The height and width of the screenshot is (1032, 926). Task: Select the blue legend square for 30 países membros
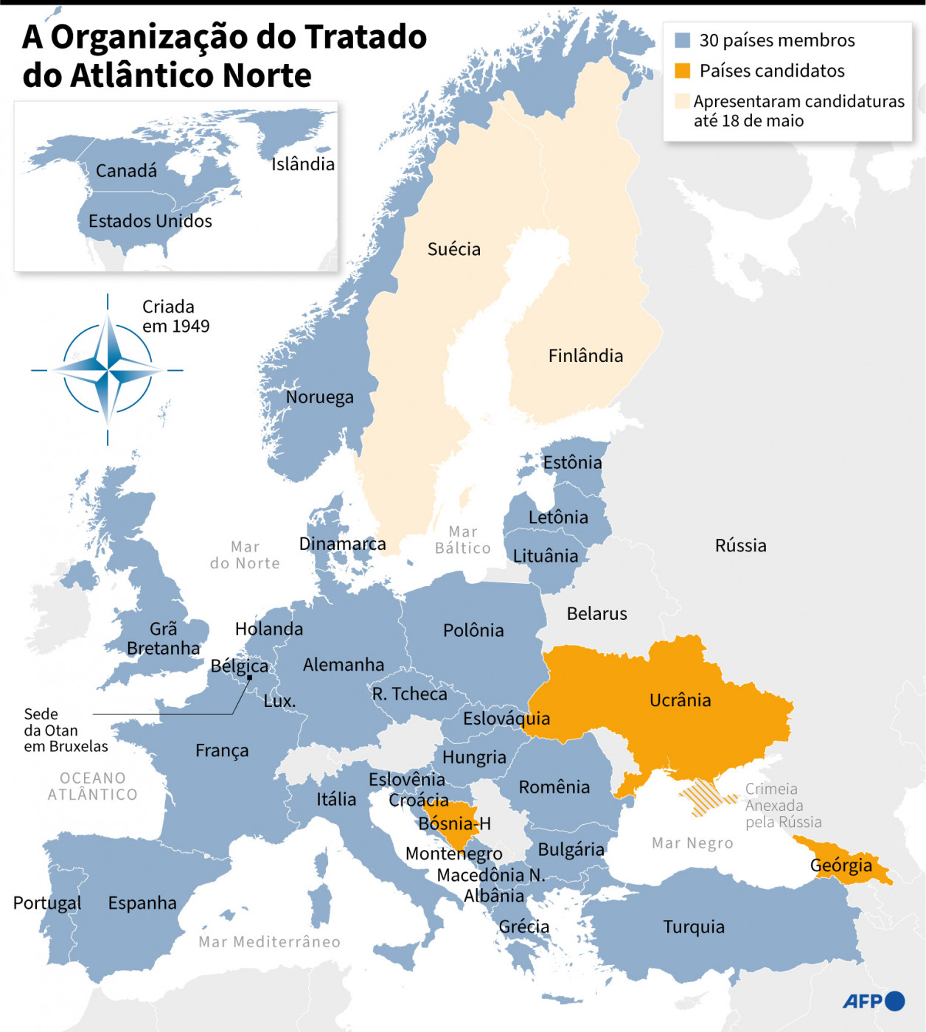(683, 41)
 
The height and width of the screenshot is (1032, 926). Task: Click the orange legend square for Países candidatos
(683, 71)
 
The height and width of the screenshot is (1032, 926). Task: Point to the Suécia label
(453, 249)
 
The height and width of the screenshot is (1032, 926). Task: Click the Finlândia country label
(585, 356)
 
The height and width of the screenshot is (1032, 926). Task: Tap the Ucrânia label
(680, 700)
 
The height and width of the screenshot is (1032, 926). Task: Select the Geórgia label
(840, 865)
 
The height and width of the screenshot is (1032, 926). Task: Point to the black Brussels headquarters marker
(250, 677)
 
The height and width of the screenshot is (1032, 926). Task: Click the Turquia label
(693, 927)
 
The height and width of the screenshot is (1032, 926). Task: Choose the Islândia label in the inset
(302, 164)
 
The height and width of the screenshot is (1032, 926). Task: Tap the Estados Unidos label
(150, 221)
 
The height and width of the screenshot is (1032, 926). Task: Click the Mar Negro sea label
(692, 843)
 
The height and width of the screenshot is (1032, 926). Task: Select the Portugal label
(47, 903)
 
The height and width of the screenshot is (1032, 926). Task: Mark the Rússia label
(740, 545)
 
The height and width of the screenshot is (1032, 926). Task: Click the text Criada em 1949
(175, 316)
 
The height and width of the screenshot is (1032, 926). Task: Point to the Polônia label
(473, 630)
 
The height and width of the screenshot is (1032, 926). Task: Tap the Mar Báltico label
(462, 540)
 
